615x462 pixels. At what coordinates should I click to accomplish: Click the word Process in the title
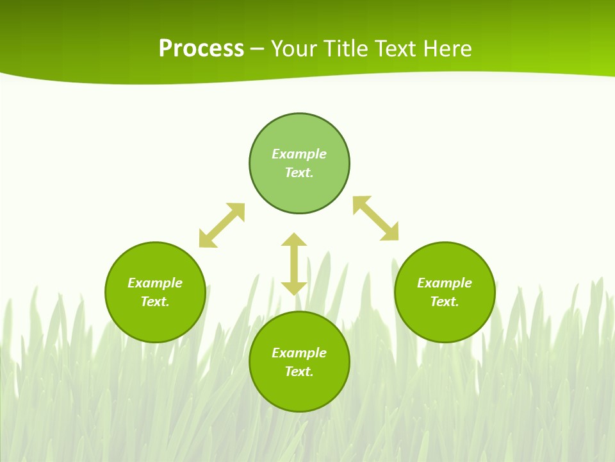coord(201,49)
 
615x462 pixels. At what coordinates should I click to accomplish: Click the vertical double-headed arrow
coord(294,264)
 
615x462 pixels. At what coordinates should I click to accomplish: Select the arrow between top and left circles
coord(222,225)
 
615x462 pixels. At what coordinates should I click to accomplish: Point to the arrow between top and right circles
coord(376,218)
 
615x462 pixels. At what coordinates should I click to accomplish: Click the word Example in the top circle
coord(299,154)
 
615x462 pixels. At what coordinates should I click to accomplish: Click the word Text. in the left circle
coord(155,302)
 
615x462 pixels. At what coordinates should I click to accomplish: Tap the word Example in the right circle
coord(445,283)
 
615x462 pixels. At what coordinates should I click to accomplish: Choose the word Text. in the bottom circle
coord(299,372)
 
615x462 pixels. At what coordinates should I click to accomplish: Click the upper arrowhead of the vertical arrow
coord(294,241)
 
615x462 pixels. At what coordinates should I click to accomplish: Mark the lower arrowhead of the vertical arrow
coord(294,287)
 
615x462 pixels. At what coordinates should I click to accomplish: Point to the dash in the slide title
coord(258,49)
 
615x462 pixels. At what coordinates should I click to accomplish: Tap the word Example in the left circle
coord(155,283)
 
